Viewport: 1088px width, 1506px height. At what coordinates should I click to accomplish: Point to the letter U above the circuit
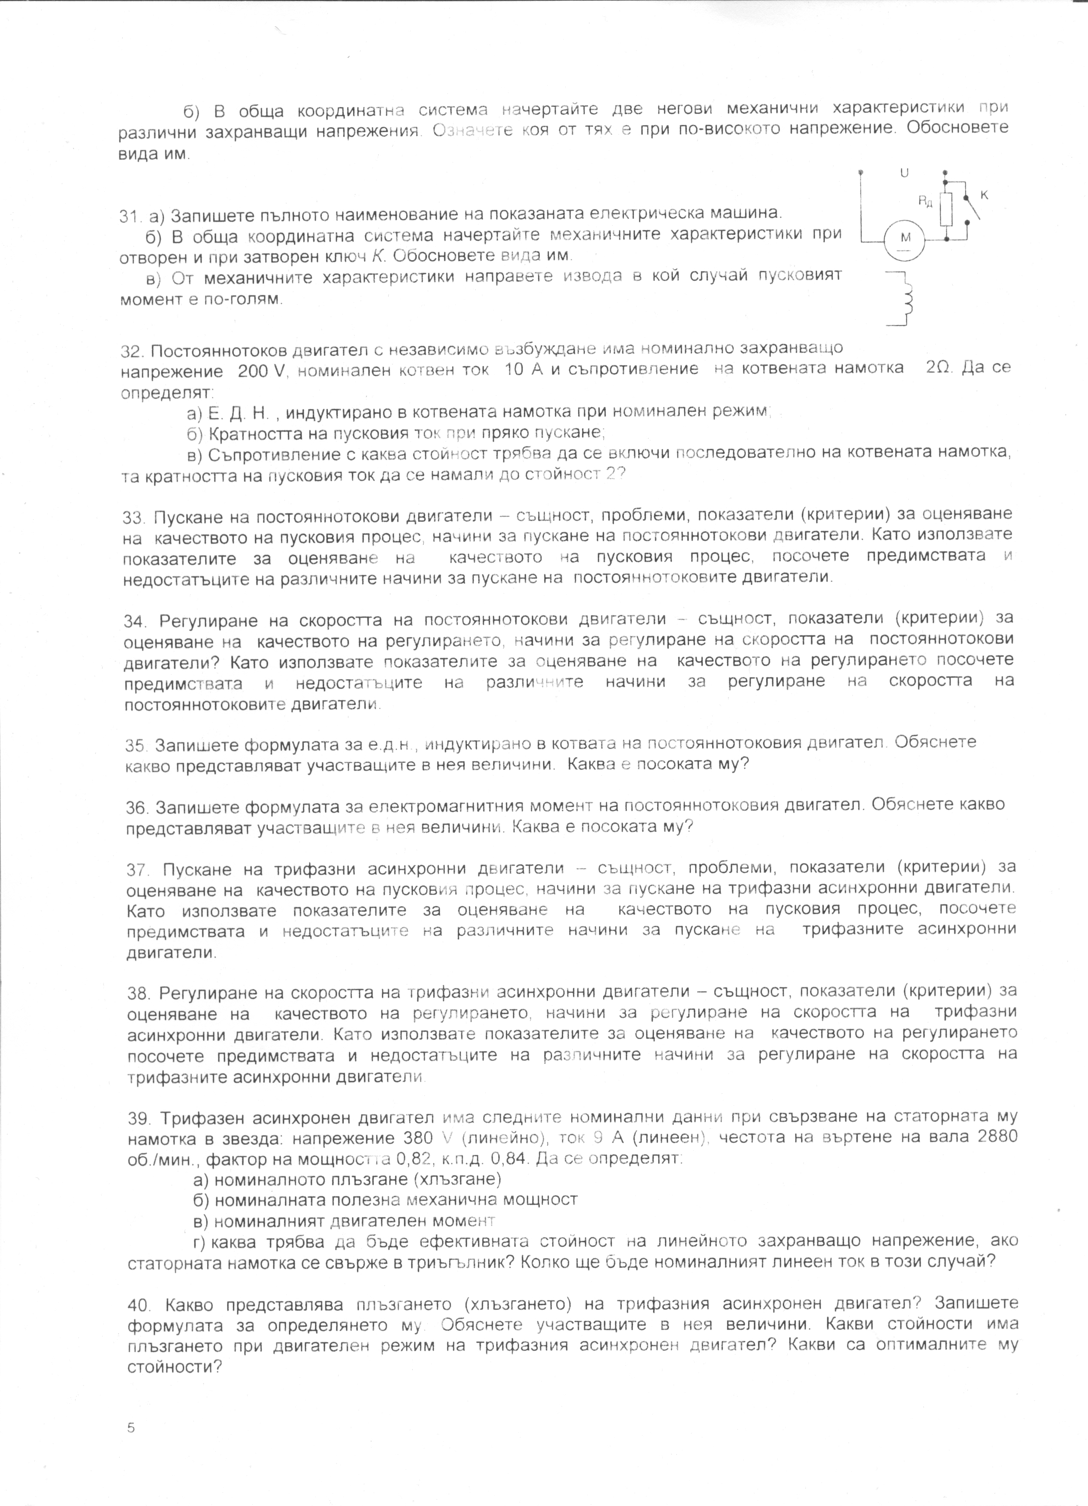(904, 173)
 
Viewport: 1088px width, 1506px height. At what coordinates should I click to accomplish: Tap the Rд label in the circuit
(925, 201)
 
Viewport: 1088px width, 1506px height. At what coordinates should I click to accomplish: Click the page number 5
(131, 1427)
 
